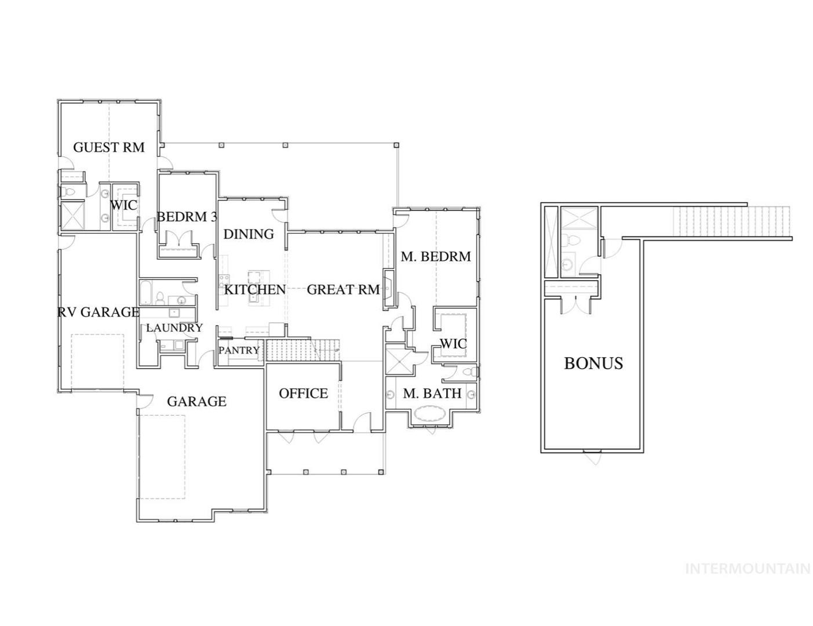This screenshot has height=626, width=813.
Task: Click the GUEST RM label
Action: click(x=109, y=147)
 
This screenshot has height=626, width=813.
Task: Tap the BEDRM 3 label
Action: click(x=187, y=217)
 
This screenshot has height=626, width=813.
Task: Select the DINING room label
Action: click(x=249, y=234)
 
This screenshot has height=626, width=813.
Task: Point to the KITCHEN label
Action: click(x=255, y=289)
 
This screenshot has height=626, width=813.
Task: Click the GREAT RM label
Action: click(x=344, y=289)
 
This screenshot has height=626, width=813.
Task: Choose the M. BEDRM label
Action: click(x=436, y=256)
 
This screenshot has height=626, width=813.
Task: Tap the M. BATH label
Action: click(x=432, y=393)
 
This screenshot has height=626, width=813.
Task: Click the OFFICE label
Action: click(x=304, y=393)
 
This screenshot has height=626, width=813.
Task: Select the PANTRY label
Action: click(x=239, y=350)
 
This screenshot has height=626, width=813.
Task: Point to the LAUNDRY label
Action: click(x=174, y=327)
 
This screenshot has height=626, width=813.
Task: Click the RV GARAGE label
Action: click(x=99, y=312)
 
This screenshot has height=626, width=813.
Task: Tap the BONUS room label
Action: click(x=593, y=363)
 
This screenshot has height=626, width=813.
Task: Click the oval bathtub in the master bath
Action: click(x=430, y=414)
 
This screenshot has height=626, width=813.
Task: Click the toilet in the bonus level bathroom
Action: click(x=568, y=239)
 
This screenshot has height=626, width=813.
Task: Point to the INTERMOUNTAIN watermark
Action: click(x=748, y=569)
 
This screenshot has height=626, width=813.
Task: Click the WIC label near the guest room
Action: click(x=123, y=205)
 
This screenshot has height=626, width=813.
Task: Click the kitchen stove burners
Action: click(x=224, y=280)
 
